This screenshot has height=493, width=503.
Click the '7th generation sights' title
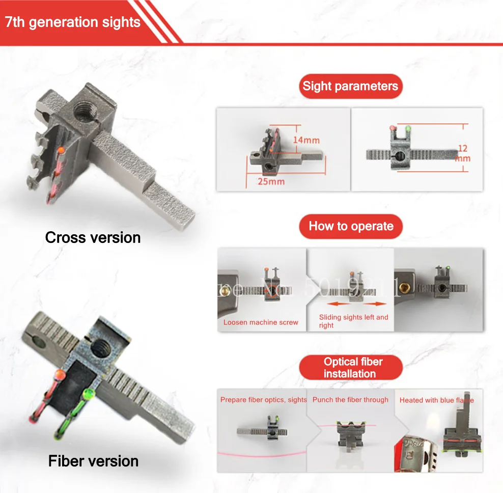coord(72,22)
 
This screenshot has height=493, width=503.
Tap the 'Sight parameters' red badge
coord(350,86)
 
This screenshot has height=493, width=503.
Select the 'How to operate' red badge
coord(351,226)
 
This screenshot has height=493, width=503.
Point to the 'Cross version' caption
coord(93,237)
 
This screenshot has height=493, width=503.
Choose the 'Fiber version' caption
coord(93,461)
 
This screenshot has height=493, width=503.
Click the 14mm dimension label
coord(306,140)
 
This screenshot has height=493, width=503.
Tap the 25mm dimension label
coord(270,181)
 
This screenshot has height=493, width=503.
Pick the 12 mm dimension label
coord(463,153)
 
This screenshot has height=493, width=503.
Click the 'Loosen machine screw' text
coord(261,322)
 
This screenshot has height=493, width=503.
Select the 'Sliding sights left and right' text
coord(353,321)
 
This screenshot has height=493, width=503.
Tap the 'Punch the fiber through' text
coord(350,400)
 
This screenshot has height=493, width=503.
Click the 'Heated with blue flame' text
coord(436,400)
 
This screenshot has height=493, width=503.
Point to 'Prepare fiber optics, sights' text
coord(263,400)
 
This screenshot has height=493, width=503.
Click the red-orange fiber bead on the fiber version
coord(60,376)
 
